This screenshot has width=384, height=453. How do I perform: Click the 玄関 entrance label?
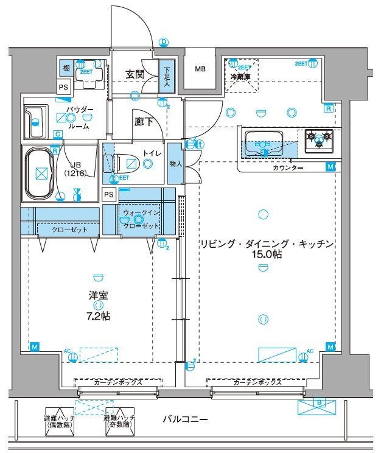pyautogui.click(x=135, y=74)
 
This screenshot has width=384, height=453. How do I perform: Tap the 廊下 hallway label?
pyautogui.click(x=144, y=121)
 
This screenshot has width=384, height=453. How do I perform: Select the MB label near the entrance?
pyautogui.click(x=200, y=69)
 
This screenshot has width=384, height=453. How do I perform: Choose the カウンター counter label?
pyautogui.click(x=288, y=167)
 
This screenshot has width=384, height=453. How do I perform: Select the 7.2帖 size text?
pyautogui.click(x=98, y=316)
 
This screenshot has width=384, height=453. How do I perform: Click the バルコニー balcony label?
pyautogui.click(x=186, y=420)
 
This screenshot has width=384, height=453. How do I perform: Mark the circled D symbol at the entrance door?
pyautogui.click(x=163, y=42)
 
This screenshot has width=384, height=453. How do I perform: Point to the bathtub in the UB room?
pyautogui.click(x=41, y=174)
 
